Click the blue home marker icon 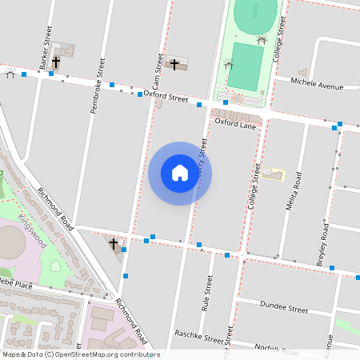pyautogui.click(x=180, y=173)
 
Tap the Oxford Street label pyautogui.click(x=166, y=97)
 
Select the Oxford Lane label pyautogui.click(x=235, y=124)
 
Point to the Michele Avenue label pyautogui.click(x=318, y=84)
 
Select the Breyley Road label pyautogui.click(x=324, y=245)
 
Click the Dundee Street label pyautogui.click(x=284, y=308)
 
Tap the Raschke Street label pyautogui.click(x=198, y=339)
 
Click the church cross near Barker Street pyautogui.click(x=56, y=62)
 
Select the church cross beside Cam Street pyautogui.click(x=175, y=64)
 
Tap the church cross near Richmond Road pyautogui.click(x=114, y=243)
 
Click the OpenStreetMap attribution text pyautogui.click(x=80, y=354)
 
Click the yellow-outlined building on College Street pyautogui.click(x=274, y=174)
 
